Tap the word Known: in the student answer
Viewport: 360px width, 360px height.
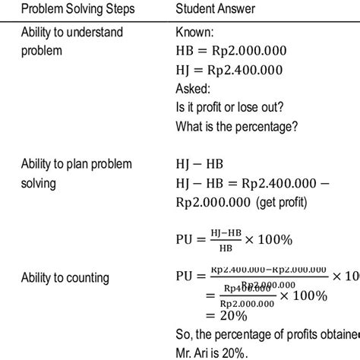tap(196, 35)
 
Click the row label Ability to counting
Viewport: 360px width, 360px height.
tap(65, 278)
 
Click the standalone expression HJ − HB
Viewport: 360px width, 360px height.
tap(202, 165)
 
